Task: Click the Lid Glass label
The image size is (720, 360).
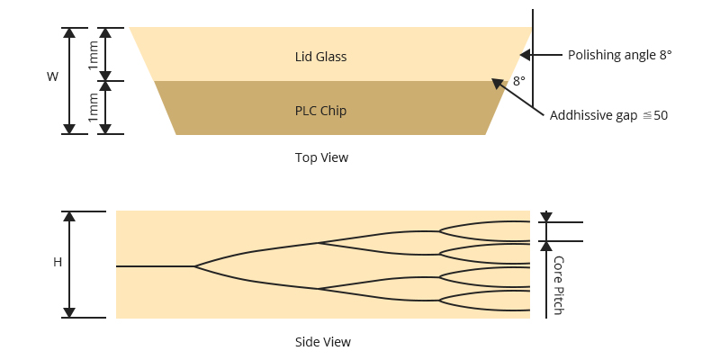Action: (320, 57)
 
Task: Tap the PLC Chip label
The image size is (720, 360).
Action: (320, 111)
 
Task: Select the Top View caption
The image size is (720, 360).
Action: (321, 157)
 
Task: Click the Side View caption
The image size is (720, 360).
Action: (322, 342)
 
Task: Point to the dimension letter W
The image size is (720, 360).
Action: (52, 77)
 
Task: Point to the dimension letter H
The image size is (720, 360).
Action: (58, 263)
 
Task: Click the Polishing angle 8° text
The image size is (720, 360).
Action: (619, 55)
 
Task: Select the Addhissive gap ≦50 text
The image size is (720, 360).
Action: (608, 115)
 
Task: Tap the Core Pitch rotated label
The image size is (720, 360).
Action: (558, 285)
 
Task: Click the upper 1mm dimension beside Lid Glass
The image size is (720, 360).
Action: (94, 55)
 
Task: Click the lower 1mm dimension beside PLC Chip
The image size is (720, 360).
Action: (94, 108)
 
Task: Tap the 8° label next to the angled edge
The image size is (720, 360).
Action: (518, 81)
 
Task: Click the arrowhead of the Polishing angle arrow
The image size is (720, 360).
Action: (526, 55)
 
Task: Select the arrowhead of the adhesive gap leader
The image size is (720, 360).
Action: (496, 83)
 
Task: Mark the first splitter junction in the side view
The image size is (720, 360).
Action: (195, 266)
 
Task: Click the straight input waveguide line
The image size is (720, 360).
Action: (155, 266)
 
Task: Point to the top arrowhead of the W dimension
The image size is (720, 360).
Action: (69, 32)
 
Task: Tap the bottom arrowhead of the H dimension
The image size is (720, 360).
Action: (69, 312)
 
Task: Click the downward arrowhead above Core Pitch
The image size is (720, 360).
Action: (546, 217)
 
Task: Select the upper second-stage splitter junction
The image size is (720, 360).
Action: (319, 242)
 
